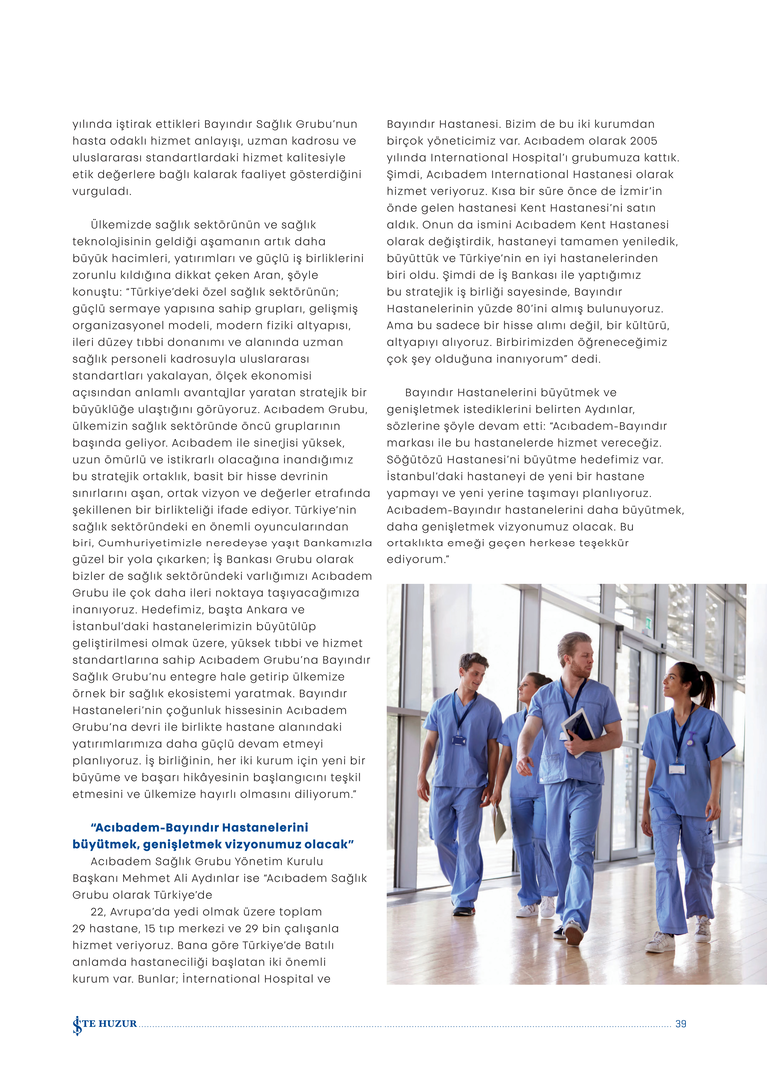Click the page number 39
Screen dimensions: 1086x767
pyautogui.click(x=681, y=1023)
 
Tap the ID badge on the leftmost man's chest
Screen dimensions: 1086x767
pyautogui.click(x=459, y=739)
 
